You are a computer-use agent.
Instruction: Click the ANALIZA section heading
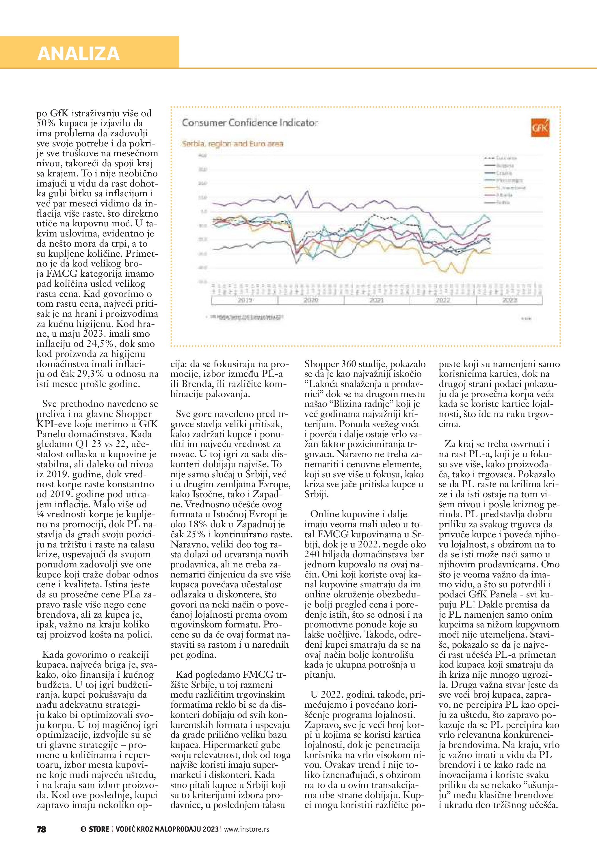tap(78, 54)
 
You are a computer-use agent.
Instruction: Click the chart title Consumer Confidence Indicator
tap(250, 123)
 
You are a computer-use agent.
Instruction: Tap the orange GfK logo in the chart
tap(540, 128)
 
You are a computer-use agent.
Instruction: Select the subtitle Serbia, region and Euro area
tap(232, 144)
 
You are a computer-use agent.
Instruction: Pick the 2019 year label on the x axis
tap(244, 300)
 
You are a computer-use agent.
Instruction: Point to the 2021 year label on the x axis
tap(376, 300)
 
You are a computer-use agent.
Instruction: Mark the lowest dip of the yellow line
tap(462, 273)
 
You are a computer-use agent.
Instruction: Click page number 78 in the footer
tap(42, 829)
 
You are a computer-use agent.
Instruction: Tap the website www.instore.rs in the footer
tap(246, 829)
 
